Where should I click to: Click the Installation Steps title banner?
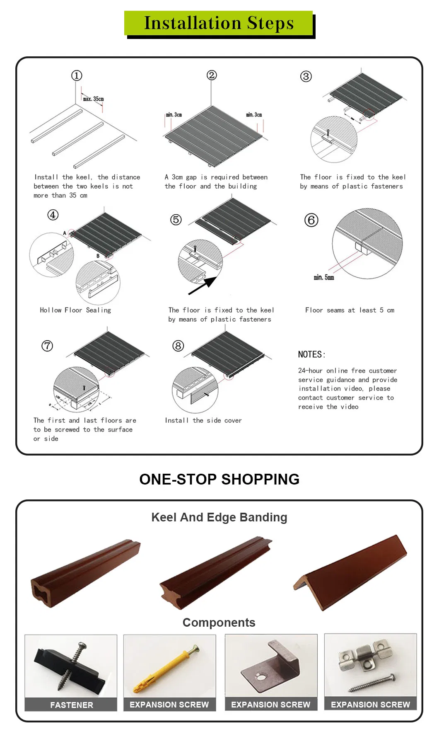pos(219,23)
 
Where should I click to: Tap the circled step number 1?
pos(77,75)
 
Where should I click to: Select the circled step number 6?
pos(311,220)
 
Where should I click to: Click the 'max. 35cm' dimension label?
pos(93,99)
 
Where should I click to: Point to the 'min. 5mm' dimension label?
pos(323,277)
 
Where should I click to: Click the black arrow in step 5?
pos(203,286)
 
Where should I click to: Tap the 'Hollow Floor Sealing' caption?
pos(75,310)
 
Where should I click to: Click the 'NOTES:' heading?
pos(311,354)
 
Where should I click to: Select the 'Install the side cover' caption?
pos(203,420)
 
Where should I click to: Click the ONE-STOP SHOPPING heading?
pos(219,479)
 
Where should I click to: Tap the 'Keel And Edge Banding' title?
pos(219,517)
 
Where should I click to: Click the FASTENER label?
pos(71,705)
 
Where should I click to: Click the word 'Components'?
pos(219,623)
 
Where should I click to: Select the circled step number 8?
pos(178,346)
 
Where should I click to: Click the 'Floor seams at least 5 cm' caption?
pos(350,310)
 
